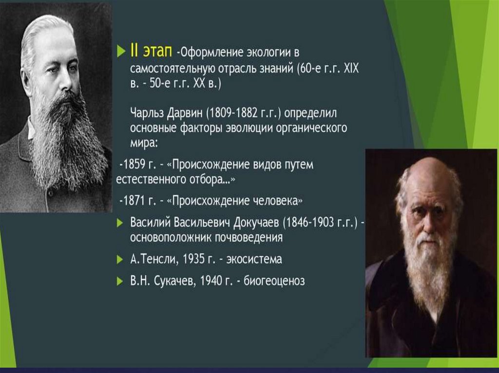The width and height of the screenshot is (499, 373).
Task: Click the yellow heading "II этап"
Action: [151, 51]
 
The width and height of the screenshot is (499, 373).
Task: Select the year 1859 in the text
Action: [134, 164]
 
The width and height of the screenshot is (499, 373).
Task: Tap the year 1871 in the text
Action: [134, 201]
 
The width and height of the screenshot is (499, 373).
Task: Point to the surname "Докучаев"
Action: [256, 223]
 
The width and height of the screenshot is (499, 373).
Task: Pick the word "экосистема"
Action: [254, 259]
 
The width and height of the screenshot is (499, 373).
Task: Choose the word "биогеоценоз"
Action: [274, 281]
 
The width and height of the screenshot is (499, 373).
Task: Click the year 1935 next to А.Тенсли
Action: [193, 259]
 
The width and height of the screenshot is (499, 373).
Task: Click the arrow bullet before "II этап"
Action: [121, 51]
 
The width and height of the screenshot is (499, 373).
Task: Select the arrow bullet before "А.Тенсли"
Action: [120, 260]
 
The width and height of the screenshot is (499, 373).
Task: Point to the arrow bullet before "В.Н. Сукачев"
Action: [120, 281]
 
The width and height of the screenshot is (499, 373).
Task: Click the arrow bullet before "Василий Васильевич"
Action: [120, 223]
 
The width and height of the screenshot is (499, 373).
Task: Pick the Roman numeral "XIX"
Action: [351, 68]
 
